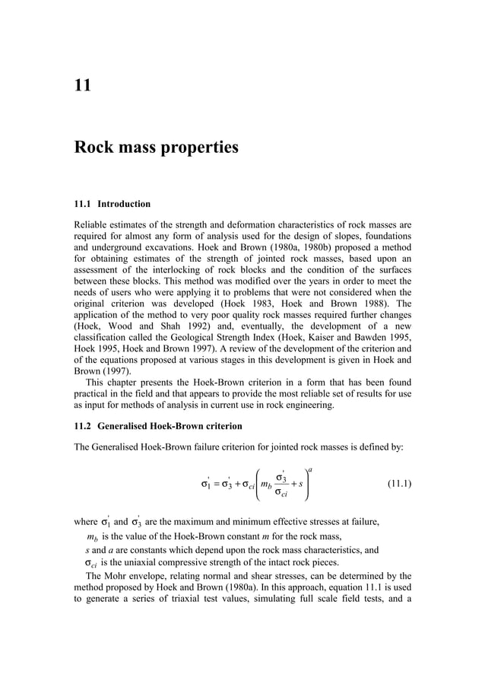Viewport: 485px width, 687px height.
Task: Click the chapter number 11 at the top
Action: tap(83, 84)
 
